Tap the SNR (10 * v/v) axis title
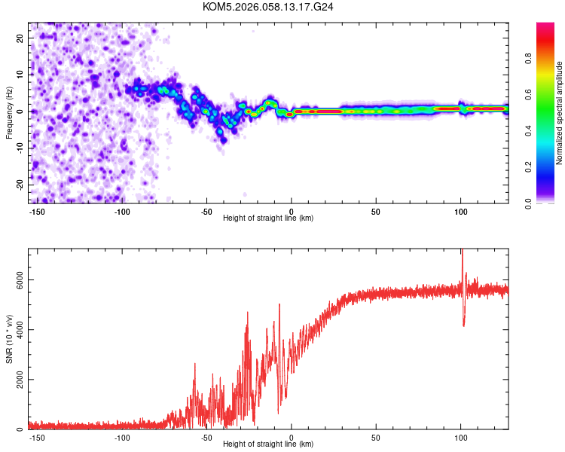[9, 339]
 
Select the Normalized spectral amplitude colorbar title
[559, 113]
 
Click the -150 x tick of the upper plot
[38, 211]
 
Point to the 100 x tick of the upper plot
[460, 211]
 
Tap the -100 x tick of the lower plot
[122, 437]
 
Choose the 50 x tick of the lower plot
[376, 437]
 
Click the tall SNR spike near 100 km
[462, 256]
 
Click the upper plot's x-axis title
[268, 218]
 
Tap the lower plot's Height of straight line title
[268, 444]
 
